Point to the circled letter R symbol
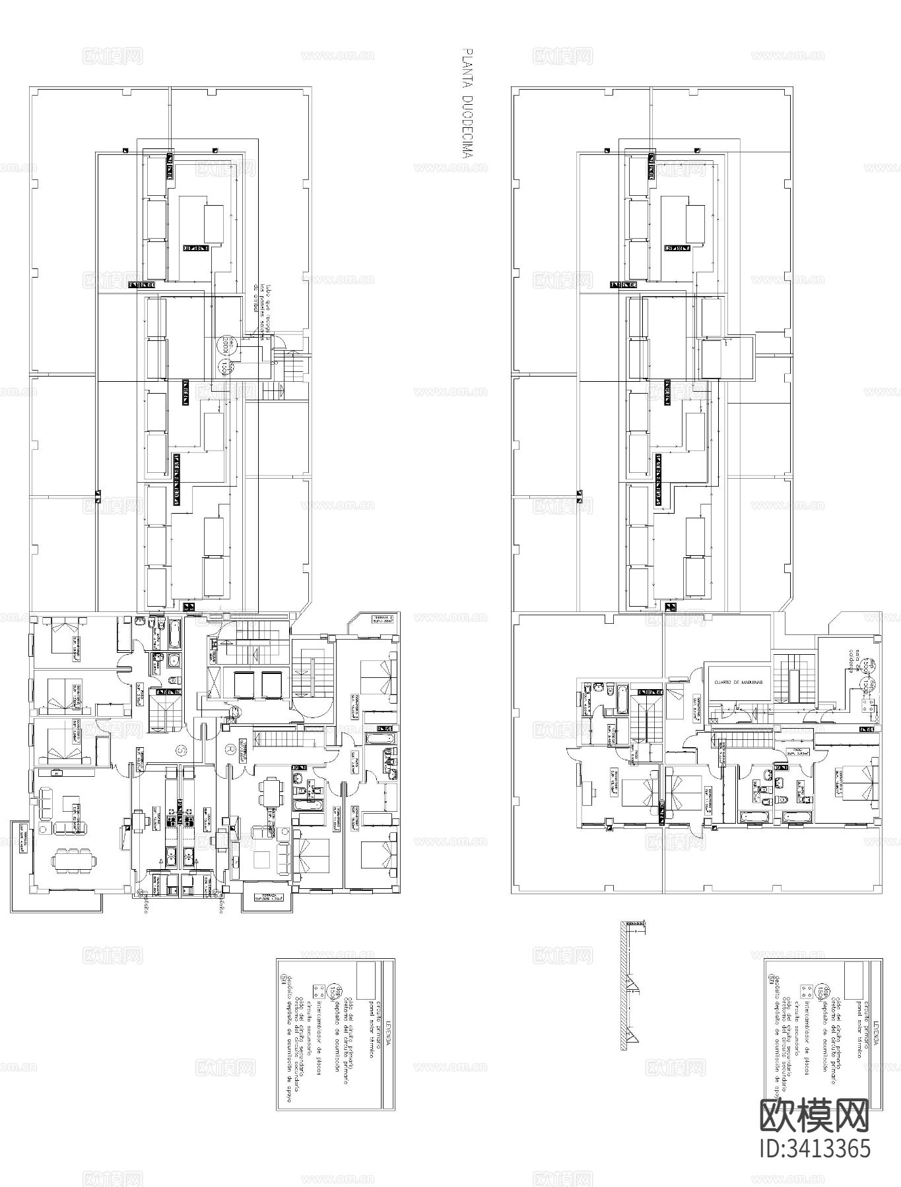(x=229, y=749)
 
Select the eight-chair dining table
(x=73, y=861)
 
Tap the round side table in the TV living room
(x=44, y=828)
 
